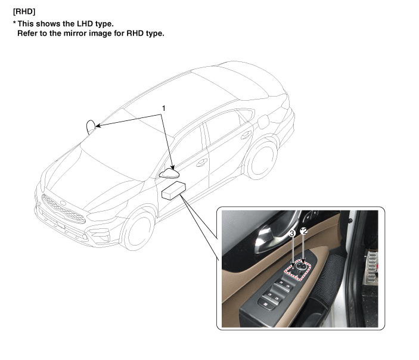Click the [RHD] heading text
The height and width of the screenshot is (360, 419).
24,12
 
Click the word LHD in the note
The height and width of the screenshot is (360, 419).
83,24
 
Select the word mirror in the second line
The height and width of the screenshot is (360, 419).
75,33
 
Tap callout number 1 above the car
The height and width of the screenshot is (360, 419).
163,108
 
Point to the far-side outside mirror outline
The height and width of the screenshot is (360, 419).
91,127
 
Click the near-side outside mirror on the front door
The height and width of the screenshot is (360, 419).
169,173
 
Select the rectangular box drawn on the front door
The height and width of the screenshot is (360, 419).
173,190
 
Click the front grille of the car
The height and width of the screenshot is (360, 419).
63,209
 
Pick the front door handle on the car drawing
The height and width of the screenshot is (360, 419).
201,162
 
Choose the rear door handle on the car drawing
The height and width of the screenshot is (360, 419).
246,135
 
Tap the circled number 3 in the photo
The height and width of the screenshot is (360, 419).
292,234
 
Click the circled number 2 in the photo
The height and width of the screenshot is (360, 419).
303,231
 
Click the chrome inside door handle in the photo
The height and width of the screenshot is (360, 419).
270,235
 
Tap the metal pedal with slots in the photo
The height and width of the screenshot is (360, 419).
372,266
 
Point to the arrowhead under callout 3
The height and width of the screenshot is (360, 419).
293,266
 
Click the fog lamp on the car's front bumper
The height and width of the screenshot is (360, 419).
103,234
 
